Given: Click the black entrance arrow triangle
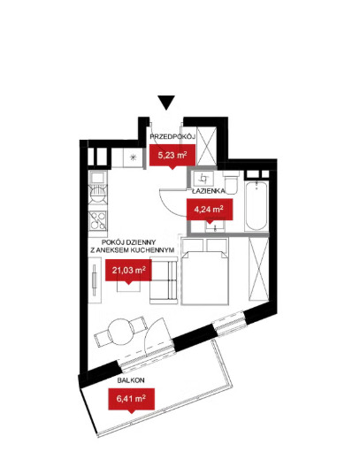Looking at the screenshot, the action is point(166,103).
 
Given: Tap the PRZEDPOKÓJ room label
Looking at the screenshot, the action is point(172,136).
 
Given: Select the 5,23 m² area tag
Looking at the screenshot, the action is point(172,156).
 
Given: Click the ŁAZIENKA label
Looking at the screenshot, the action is point(209,191).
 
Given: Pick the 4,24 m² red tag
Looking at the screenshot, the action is point(210,209).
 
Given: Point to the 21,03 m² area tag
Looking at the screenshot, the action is point(128,270).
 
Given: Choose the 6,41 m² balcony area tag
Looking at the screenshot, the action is point(132,399).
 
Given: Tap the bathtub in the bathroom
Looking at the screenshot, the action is point(257,206).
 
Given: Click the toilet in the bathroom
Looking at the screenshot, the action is point(231,182).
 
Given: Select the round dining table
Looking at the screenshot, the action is point(121,331).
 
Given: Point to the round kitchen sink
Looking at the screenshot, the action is point(98,193).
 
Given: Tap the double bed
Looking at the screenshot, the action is point(204,272).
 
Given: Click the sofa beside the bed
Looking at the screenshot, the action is point(164,280).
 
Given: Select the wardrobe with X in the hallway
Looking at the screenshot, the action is point(207,147).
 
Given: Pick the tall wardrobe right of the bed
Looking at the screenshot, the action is point(258,269).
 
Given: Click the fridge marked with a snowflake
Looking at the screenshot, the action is point(133,157).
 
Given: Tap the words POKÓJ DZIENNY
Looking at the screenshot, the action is point(129,242).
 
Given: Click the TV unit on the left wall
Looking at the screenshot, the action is point(95,280).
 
